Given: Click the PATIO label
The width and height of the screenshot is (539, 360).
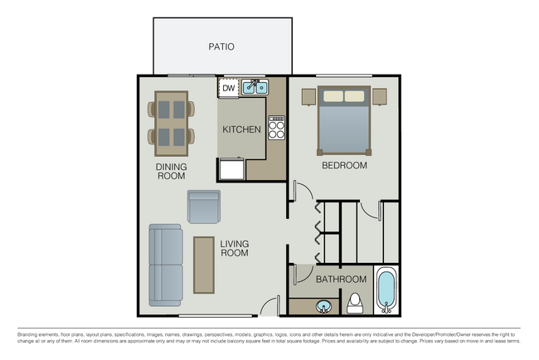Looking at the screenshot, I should pos(221,47).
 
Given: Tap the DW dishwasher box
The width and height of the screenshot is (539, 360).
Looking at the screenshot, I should pos(228,87).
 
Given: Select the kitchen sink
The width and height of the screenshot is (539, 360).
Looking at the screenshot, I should pos(255,86).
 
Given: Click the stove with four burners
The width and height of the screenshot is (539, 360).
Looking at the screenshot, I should pos(276,127).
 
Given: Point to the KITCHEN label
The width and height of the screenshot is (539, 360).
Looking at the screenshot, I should pos(242,129).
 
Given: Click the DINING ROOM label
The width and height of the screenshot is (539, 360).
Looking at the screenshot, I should pos(172,171).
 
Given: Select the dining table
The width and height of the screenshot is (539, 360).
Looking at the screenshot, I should pos(172,123).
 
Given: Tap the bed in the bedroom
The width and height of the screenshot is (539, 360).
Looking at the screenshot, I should pos(343,120).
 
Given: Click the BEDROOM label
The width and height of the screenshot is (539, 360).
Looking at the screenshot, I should pos(344,165).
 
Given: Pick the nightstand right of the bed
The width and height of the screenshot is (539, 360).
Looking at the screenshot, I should pos(380,96).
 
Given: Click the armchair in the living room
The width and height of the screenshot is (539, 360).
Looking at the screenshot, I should pos(204,207).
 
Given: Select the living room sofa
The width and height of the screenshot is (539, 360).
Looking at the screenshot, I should pos(166,265).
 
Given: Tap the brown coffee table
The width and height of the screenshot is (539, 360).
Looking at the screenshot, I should pos(203,265).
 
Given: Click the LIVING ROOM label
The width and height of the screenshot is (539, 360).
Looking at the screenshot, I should pos(235,248).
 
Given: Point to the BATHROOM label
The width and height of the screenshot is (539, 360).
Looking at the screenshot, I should pos(341,280).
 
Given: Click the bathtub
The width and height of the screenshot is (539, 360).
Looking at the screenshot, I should pos(386,289).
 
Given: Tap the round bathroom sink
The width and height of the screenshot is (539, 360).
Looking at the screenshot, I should pos(323,306).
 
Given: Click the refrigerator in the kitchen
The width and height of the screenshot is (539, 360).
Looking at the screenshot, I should pos(231,170).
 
